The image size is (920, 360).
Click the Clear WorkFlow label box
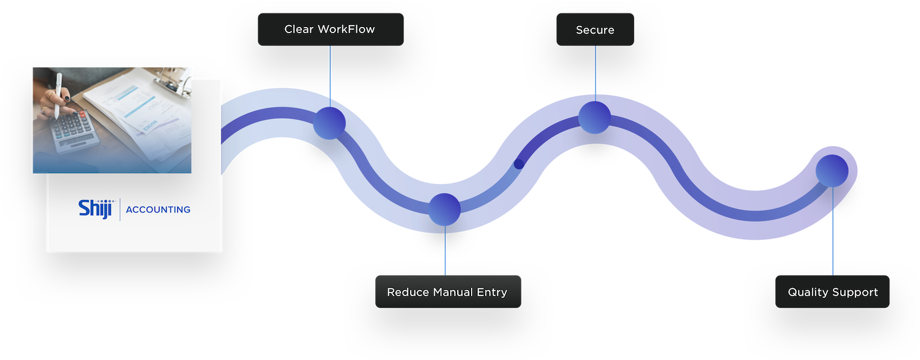330,29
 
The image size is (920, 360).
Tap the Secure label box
595,29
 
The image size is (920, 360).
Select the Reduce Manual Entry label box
447,292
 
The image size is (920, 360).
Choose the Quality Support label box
832,292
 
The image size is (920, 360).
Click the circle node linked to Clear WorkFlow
329,123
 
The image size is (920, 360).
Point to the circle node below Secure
594,117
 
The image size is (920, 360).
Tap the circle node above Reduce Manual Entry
444,210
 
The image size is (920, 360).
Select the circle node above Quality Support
832,170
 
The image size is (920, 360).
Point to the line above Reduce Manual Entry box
445,250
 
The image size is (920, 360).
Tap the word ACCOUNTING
158,210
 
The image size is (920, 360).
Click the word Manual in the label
453,292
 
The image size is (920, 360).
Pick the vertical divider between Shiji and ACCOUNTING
120,209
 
